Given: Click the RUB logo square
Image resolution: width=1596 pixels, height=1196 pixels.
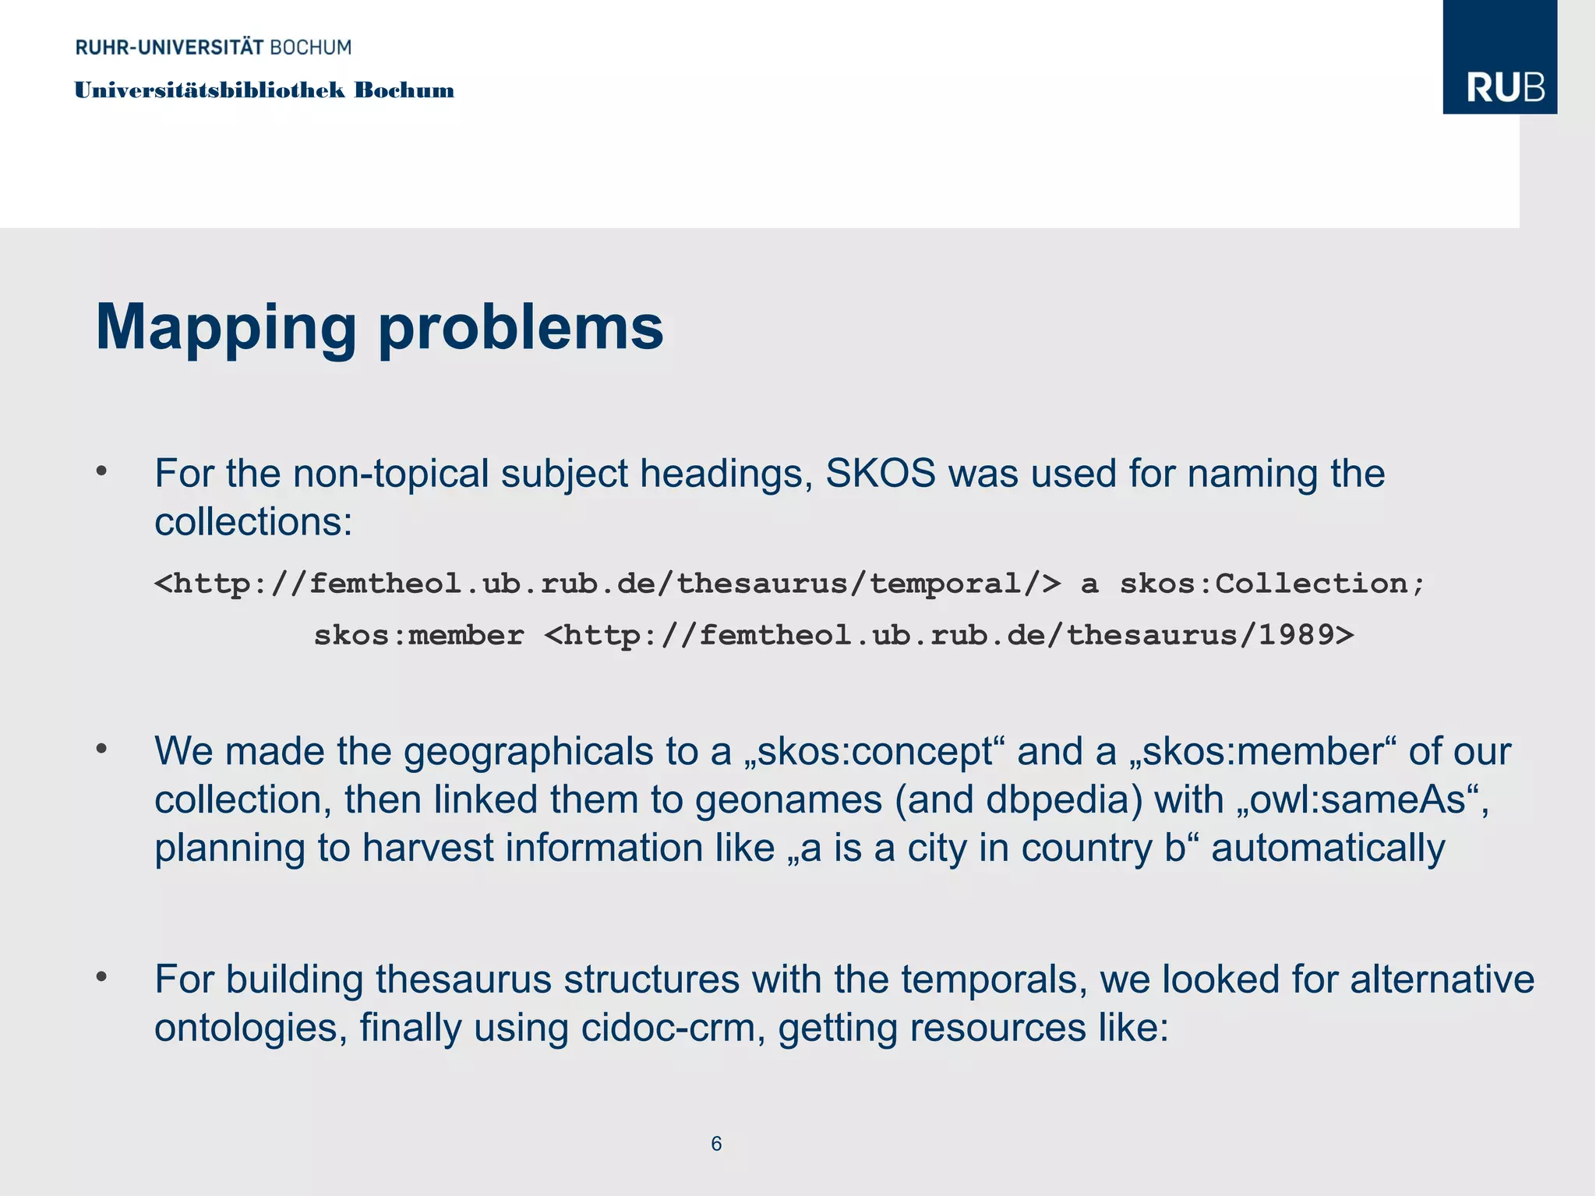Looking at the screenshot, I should (x=1499, y=58).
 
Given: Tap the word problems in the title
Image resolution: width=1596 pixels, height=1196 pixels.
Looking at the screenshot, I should (x=521, y=329).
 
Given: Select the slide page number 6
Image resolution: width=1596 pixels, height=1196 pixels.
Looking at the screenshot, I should (x=716, y=1143).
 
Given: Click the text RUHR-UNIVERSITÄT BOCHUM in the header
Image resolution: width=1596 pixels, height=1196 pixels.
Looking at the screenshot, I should (x=214, y=48).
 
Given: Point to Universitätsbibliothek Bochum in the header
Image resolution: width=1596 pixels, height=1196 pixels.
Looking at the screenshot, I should (x=264, y=90).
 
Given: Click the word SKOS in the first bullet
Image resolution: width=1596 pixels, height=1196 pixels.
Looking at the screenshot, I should (x=880, y=473).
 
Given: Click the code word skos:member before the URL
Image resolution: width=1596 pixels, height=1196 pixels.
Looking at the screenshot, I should (x=418, y=636).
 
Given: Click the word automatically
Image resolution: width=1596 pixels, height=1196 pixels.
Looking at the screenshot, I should (x=1328, y=848).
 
